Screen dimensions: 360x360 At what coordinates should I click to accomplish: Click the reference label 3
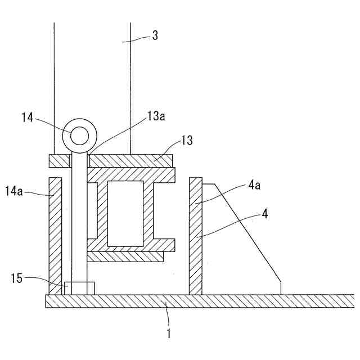[155, 35]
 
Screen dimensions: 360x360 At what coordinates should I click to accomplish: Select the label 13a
[157, 116]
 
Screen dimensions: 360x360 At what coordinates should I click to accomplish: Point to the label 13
[186, 140]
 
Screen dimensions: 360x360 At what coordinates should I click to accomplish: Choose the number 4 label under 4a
[264, 214]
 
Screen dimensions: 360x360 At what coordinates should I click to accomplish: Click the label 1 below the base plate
[167, 332]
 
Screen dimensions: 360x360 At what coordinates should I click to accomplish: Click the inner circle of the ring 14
[79, 136]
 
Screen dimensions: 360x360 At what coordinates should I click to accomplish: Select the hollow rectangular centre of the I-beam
[125, 214]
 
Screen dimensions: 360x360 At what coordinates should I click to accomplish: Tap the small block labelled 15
[79, 287]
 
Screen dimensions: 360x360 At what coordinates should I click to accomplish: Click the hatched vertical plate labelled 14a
[55, 236]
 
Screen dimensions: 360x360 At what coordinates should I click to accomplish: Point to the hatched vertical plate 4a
[195, 236]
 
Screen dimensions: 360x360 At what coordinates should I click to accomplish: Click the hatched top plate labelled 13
[130, 161]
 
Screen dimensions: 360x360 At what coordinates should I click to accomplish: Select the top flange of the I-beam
[130, 174]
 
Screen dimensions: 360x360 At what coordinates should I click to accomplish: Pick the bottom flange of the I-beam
[130, 245]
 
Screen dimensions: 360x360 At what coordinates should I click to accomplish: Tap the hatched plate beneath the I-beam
[125, 256]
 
